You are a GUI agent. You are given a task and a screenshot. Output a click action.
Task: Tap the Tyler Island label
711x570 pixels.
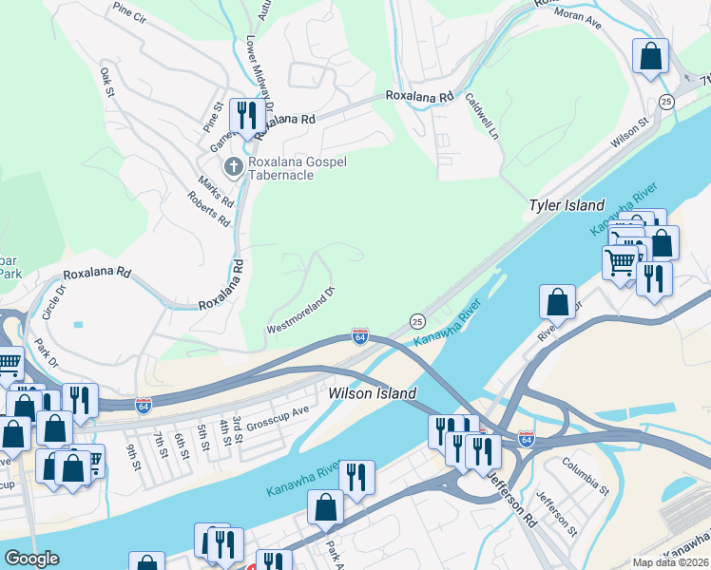567,205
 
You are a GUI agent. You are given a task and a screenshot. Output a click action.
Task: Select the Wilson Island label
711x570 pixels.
373,392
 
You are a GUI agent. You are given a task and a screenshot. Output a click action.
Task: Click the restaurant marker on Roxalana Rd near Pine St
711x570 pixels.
247,116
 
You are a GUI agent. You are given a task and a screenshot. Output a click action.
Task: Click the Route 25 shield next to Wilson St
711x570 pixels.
665,101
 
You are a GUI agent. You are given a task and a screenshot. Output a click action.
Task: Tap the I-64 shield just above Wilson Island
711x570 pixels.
359,336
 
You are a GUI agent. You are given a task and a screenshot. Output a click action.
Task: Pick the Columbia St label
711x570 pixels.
585,478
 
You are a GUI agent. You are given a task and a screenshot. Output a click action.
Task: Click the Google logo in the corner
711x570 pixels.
31,559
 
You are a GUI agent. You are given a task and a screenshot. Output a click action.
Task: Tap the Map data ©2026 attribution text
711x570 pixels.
669,562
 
